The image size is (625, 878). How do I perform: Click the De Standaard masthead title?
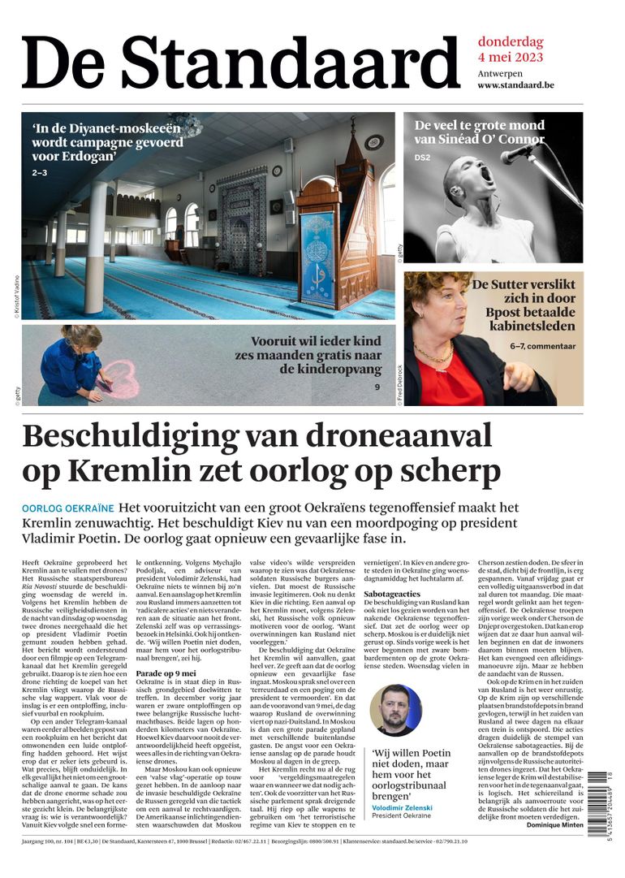pyautogui.click(x=241, y=63)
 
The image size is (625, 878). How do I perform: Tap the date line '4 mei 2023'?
pyautogui.click(x=511, y=58)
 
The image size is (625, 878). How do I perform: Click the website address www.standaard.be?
pyautogui.click(x=515, y=84)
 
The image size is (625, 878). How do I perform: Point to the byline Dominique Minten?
pyautogui.click(x=554, y=824)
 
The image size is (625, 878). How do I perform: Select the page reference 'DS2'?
pyautogui.click(x=422, y=158)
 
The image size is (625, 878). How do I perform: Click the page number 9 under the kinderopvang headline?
pyautogui.click(x=377, y=387)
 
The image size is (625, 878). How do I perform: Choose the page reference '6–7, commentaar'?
pyautogui.click(x=542, y=347)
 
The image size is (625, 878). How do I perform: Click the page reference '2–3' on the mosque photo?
pyautogui.click(x=40, y=173)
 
